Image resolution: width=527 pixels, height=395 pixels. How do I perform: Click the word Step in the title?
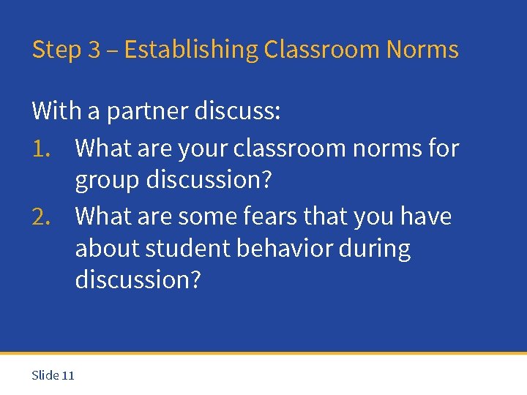[56, 50]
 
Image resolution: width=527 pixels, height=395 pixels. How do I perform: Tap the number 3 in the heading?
[94, 50]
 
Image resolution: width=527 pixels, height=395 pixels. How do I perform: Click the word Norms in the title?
[422, 50]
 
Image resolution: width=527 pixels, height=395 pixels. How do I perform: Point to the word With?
[57, 111]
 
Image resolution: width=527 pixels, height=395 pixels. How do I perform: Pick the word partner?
[147, 112]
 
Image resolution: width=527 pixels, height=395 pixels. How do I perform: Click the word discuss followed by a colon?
[237, 111]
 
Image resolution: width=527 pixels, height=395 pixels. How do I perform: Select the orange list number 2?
[40, 217]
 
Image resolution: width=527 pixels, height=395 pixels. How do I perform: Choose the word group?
[107, 181]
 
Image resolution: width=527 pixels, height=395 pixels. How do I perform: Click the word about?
[107, 249]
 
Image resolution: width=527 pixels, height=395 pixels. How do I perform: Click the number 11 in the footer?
[68, 375]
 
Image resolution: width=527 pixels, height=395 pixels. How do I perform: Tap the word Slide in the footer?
[45, 375]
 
